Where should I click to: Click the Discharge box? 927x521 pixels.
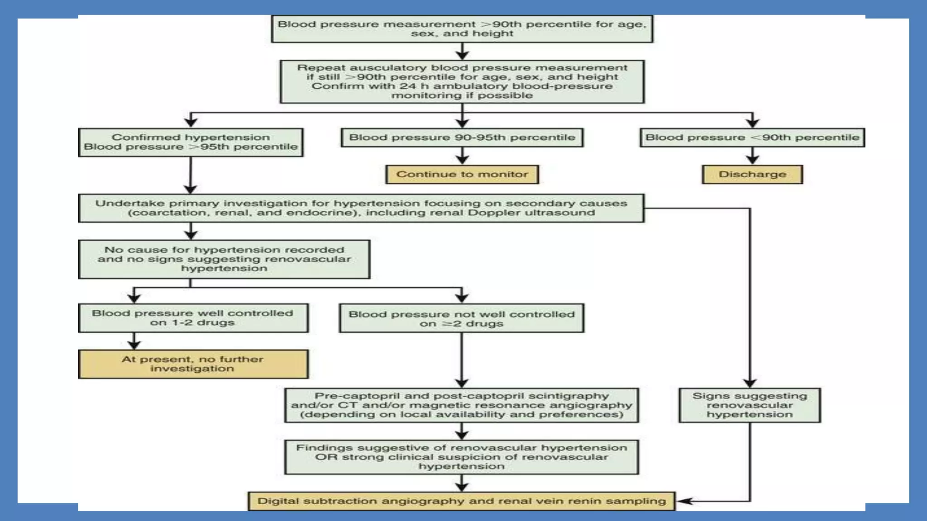click(752, 175)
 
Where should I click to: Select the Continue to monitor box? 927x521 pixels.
click(462, 175)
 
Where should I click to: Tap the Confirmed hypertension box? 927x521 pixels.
click(191, 142)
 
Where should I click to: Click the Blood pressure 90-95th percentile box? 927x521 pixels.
click(462, 137)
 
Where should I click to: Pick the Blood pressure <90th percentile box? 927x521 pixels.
click(752, 137)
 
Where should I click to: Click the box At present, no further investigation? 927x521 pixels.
click(193, 364)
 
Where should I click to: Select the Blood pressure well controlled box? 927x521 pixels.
click(193, 318)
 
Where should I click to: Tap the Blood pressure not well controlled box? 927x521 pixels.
click(462, 318)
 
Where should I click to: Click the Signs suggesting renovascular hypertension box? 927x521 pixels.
click(750, 405)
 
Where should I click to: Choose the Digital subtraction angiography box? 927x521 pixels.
click(462, 501)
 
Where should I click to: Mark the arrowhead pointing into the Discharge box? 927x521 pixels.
click(752, 160)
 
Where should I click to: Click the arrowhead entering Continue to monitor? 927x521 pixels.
click(462, 160)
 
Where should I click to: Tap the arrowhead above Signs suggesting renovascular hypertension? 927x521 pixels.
click(750, 383)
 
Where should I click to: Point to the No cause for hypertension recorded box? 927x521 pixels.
click(224, 259)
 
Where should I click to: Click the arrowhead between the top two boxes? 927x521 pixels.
click(462, 55)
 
